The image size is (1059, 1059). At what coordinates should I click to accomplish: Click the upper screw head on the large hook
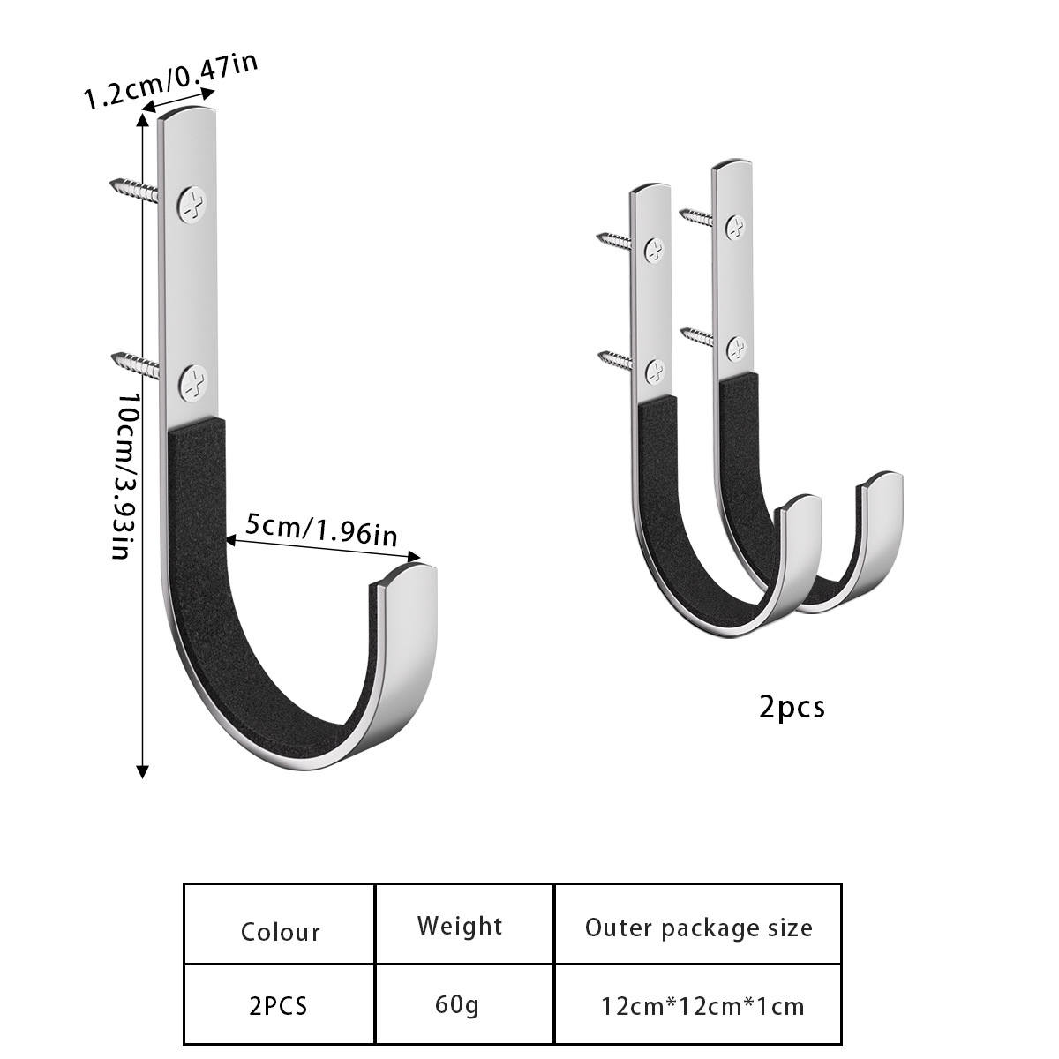coord(192,205)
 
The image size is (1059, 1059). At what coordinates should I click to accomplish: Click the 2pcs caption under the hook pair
coord(792,707)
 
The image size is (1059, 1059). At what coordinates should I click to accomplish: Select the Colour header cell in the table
coord(280,932)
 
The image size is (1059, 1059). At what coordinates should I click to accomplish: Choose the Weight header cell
coord(460,926)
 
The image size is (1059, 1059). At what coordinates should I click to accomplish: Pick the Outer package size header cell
coord(698,928)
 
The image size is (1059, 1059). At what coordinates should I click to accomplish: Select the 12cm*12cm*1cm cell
coord(702,1006)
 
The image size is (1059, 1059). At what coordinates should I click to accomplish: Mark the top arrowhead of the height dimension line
coord(141,118)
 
